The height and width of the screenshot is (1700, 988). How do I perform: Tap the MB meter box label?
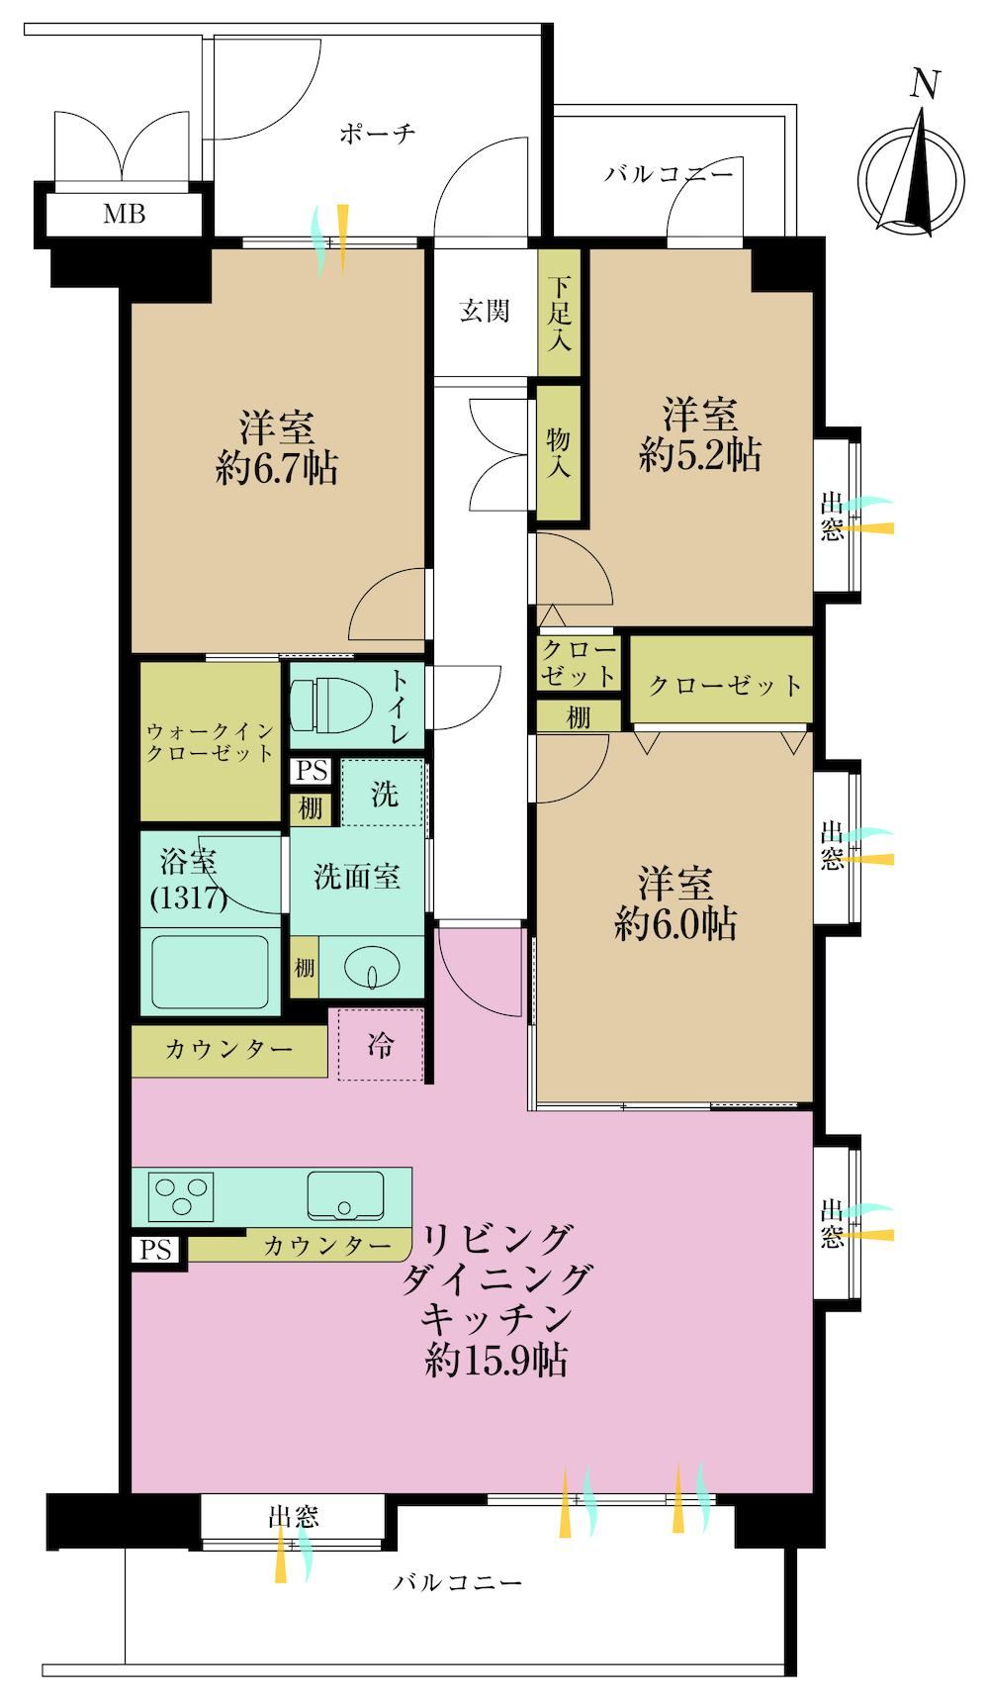click(125, 213)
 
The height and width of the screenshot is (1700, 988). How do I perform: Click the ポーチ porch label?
click(377, 134)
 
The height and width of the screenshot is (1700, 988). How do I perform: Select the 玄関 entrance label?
click(485, 311)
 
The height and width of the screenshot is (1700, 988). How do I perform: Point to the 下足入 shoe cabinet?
click(559, 312)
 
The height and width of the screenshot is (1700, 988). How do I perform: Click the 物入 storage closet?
click(559, 450)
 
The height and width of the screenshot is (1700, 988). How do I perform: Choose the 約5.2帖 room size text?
click(700, 455)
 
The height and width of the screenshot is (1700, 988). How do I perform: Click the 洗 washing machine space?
click(384, 793)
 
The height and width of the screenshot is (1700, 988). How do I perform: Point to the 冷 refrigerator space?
click(381, 1045)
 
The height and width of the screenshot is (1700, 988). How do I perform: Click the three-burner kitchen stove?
click(181, 1195)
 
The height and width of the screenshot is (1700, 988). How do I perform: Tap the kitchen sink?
click(345, 1196)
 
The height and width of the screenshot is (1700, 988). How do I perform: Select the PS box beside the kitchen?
click(155, 1250)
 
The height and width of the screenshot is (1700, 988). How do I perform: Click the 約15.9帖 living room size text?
click(496, 1362)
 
